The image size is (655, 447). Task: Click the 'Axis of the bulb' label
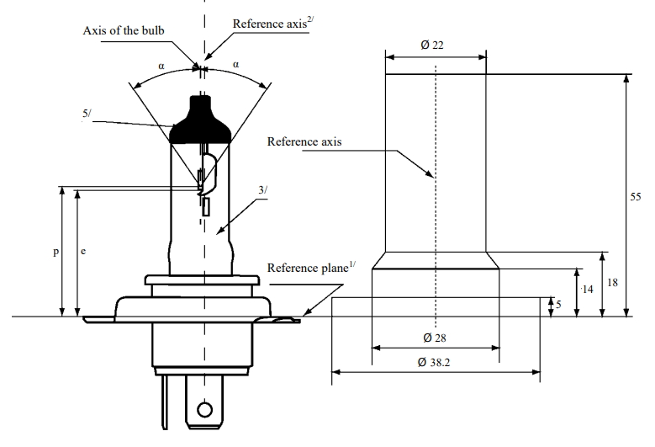124,30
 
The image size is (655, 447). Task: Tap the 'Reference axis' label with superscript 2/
273,24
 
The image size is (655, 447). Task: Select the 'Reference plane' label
311,267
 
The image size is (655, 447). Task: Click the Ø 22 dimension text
432,45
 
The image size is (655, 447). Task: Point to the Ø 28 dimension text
435,338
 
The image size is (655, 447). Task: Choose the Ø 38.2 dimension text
434,362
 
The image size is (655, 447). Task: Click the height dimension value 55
636,196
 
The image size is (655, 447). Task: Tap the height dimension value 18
612,283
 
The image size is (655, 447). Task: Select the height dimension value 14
588,289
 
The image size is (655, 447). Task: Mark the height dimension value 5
559,304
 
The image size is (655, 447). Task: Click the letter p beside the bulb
56,252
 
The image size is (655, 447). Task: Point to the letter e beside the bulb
83,251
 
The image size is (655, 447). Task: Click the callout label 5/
87,114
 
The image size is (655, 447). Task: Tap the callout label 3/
262,190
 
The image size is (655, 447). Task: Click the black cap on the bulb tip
200,121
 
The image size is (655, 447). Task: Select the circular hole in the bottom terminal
204,410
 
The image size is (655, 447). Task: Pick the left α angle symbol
161,66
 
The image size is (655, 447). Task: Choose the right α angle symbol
236,64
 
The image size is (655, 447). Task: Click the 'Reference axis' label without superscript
304,141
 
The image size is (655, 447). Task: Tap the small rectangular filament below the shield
205,207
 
